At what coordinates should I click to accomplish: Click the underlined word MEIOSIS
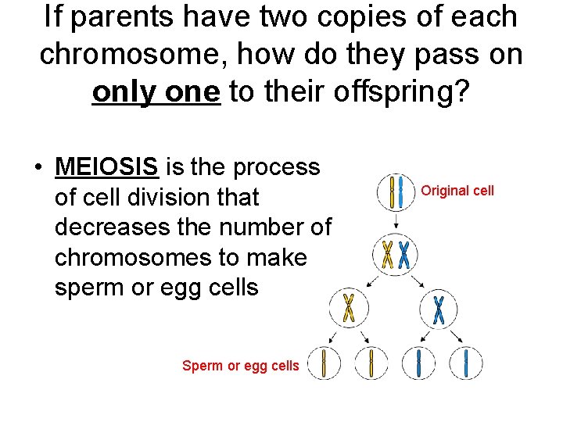(107, 167)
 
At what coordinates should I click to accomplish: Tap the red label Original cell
(457, 191)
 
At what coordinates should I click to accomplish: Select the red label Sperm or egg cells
(240, 365)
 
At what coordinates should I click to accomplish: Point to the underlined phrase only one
(156, 92)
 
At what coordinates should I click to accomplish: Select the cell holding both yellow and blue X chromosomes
(396, 254)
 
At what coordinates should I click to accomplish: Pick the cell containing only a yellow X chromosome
(349, 308)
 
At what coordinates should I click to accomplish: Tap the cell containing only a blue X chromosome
(439, 309)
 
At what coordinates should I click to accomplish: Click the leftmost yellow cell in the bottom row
(325, 363)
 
